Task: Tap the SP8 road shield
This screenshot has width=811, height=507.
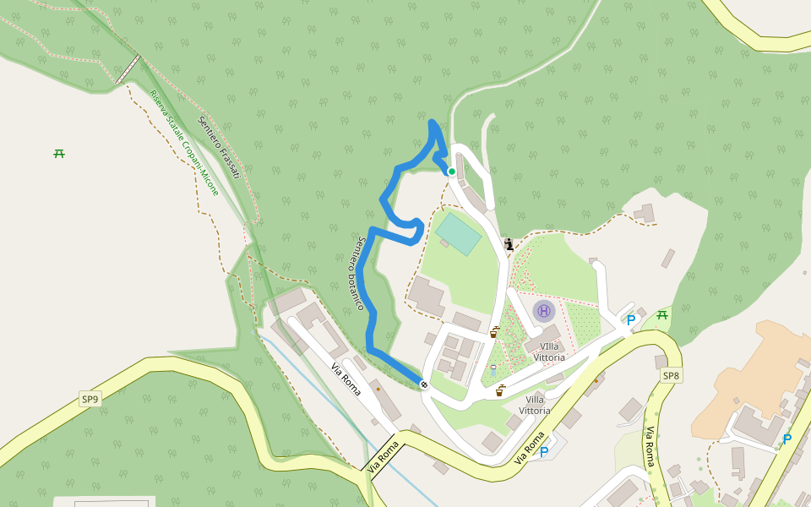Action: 671,375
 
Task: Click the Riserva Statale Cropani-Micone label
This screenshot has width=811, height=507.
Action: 184,143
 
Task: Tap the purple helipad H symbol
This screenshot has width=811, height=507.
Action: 544,311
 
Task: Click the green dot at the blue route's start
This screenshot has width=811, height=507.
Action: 452,172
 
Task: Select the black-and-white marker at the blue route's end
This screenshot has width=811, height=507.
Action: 424,385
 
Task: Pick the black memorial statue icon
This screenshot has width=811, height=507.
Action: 509,245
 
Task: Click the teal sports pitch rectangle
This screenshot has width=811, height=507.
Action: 458,233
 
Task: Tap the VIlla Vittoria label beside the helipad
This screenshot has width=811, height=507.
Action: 549,352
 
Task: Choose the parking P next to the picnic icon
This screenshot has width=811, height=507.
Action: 630,321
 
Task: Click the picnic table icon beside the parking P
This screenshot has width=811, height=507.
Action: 662,315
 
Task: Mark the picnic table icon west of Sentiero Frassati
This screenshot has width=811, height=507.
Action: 59,153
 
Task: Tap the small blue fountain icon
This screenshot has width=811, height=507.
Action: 493,369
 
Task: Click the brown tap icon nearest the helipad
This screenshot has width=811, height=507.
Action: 494,332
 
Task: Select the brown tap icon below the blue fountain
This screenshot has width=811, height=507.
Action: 500,390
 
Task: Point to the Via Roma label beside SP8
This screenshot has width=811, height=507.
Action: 650,447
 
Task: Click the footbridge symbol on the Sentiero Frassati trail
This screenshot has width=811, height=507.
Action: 128,69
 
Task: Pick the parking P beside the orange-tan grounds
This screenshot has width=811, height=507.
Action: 787,439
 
